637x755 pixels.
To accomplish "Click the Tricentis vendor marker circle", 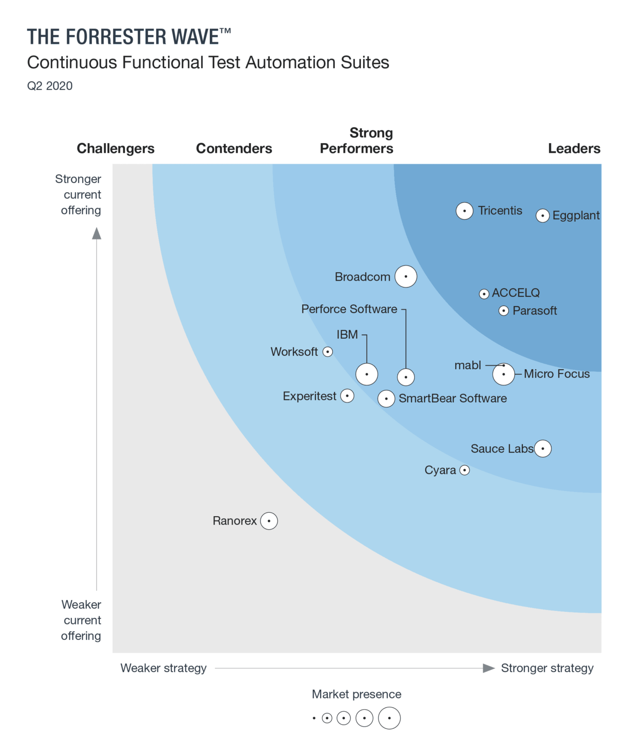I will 464,211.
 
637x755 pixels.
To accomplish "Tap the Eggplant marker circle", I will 542,216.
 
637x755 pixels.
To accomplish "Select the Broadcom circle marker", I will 406,276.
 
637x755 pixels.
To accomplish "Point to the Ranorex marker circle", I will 269,521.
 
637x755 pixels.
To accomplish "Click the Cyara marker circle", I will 464,470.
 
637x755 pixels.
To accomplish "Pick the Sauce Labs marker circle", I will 543,448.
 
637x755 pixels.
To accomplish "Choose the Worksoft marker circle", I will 328,352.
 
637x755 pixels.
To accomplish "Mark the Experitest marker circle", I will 347,396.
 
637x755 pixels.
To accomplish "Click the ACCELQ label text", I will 516,293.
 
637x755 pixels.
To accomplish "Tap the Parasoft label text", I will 535,311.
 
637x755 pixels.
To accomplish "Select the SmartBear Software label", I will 453,398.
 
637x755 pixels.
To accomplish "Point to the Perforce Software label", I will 349,309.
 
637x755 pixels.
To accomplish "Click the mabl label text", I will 467,365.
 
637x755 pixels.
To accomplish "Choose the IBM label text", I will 347,335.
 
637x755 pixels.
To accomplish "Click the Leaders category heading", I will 574,148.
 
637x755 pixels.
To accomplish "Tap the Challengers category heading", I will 116,148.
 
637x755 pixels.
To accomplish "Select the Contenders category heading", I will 234,148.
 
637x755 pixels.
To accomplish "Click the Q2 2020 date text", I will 50,86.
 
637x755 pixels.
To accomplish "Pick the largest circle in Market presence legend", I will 389,718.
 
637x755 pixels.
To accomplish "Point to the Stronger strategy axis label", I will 547,668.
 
